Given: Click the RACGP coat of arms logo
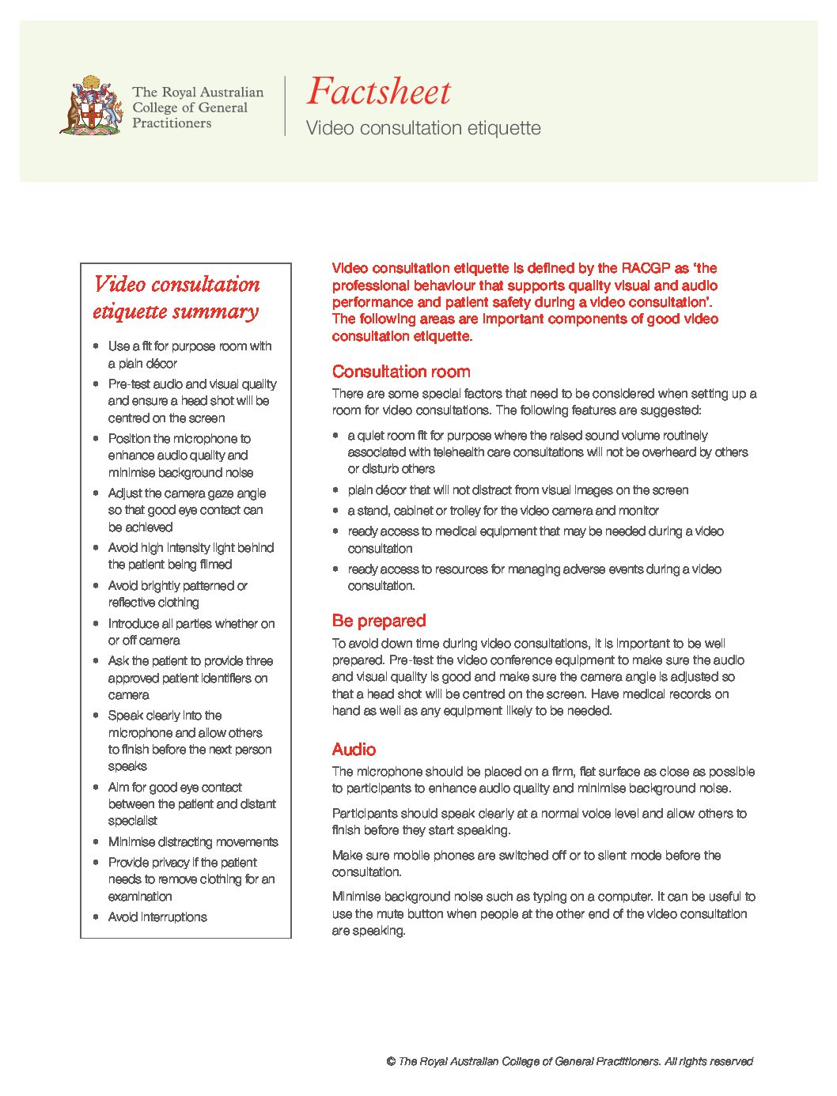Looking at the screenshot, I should [91, 105].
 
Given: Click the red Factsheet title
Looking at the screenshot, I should [378, 92].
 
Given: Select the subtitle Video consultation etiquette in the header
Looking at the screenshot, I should [423, 128].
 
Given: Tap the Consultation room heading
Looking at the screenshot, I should [401, 372].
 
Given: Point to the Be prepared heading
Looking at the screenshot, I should [379, 621].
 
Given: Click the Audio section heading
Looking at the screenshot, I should [354, 750].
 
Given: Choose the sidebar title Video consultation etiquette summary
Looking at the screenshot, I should [176, 297].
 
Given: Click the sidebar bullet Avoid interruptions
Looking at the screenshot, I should [157, 917].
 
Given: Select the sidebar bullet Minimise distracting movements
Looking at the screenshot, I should [193, 842].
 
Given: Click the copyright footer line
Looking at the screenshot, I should [570, 1062].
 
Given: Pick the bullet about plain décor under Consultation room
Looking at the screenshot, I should [517, 490].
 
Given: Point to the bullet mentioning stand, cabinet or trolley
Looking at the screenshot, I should [503, 511].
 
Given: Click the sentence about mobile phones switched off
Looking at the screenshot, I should [526, 864].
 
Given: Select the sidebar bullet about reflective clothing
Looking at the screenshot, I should [177, 594].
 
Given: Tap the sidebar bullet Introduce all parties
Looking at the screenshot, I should [191, 632].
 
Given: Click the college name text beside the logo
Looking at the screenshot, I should [197, 108].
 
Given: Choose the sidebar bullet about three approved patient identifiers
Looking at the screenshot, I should [190, 678].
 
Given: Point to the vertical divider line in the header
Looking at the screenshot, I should [285, 106].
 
